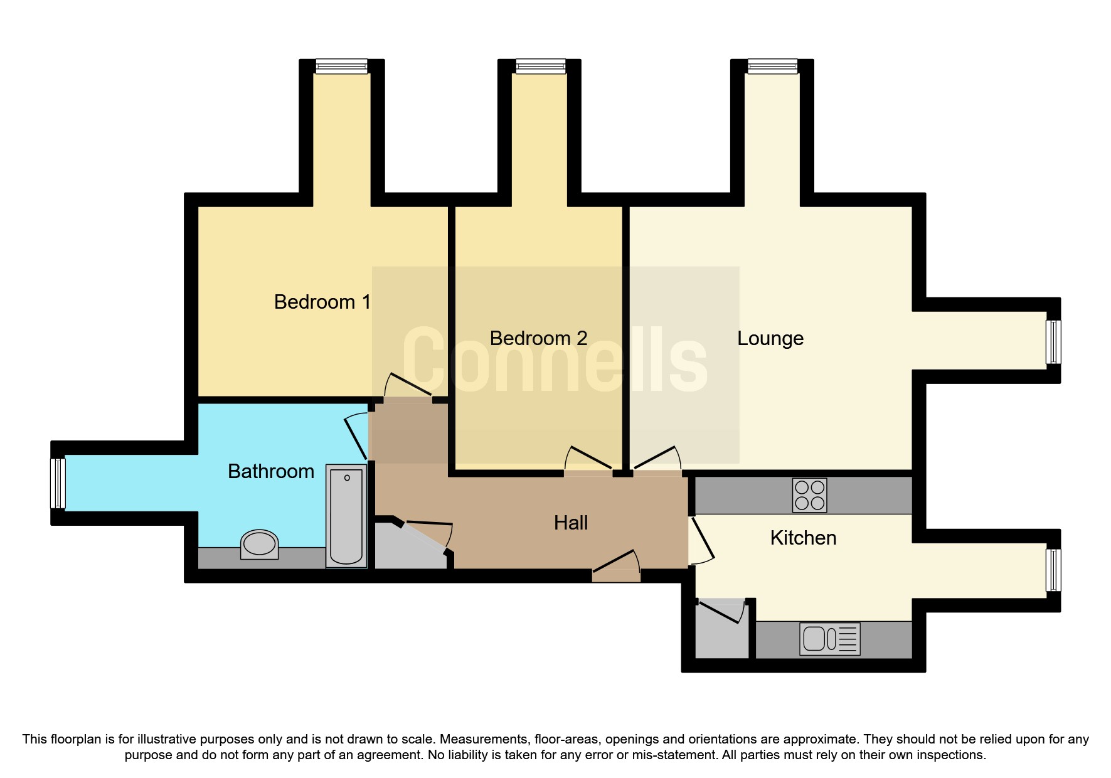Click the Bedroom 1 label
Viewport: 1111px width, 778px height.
pos(322,302)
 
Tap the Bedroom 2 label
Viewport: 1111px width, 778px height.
pos(538,338)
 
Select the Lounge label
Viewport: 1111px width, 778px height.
pos(770,338)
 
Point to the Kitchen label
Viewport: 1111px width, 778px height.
pos(803,538)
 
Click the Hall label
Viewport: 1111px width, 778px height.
pos(570,523)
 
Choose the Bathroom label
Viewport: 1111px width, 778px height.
pos(270,471)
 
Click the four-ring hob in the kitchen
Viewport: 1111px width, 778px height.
pos(809,495)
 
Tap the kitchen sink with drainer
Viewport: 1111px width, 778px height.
pos(829,639)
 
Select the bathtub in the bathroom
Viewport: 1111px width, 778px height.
pos(346,516)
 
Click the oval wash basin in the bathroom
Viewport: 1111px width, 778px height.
pos(260,544)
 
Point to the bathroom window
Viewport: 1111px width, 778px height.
pos(58,483)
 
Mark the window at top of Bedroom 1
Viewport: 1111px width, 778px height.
pos(341,67)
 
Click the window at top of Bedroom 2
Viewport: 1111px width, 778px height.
pos(540,67)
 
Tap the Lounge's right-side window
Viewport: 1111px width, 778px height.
pos(1053,342)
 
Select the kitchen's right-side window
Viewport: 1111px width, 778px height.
pos(1053,570)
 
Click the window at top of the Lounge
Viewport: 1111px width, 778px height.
pos(772,67)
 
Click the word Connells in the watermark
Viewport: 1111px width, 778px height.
pos(555,361)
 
